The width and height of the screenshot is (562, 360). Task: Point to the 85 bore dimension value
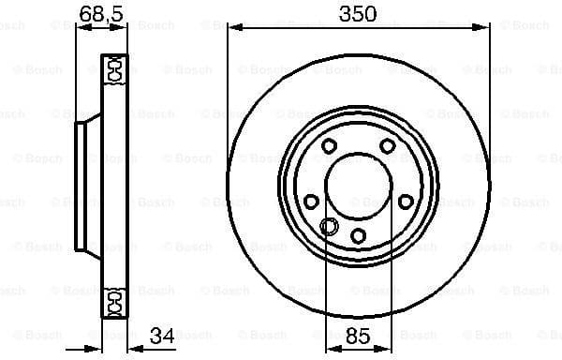358,335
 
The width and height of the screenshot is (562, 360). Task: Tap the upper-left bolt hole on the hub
329,145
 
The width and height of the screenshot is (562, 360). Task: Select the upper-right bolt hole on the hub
387,145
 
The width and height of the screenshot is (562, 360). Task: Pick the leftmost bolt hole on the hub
311,201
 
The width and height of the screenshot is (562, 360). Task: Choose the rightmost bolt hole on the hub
405,201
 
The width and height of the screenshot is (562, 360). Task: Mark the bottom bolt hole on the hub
358,234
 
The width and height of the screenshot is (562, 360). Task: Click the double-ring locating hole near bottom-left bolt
329,225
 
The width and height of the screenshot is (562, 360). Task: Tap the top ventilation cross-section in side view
112,69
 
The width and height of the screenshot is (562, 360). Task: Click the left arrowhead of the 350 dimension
230,28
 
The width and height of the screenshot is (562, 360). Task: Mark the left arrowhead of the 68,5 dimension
80,28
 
